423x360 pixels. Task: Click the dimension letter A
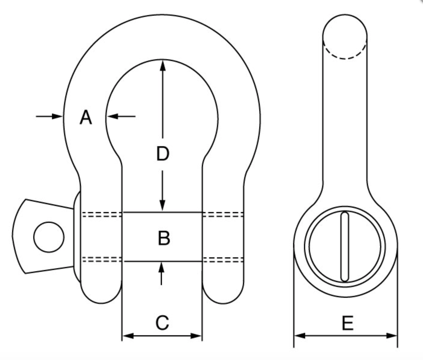[x=86, y=117]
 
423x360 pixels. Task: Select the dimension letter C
[x=162, y=323]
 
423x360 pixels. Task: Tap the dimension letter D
[x=163, y=154]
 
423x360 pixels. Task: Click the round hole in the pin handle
[x=49, y=237]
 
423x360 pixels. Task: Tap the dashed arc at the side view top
[x=345, y=54]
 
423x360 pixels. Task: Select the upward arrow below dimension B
[x=161, y=269]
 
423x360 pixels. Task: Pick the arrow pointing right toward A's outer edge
[x=56, y=116]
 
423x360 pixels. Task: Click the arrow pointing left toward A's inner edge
[x=113, y=116]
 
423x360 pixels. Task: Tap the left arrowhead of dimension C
[x=128, y=336]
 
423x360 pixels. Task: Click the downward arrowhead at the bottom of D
[x=163, y=205]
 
